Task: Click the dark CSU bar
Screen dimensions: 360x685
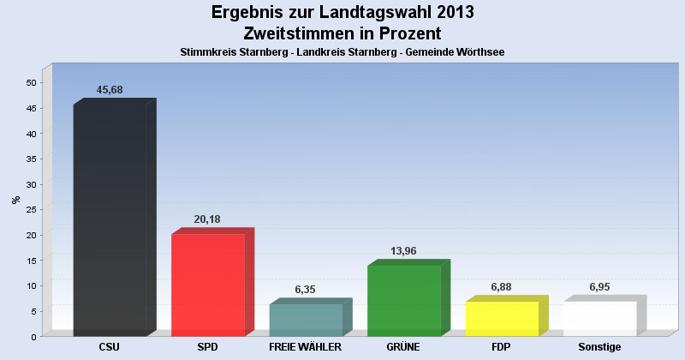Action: coord(110,220)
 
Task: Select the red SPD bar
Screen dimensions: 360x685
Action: coord(208,285)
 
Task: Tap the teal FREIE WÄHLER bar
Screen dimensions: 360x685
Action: coord(306,320)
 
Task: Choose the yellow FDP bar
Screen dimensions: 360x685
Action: coord(502,318)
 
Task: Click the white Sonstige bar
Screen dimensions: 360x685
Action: coord(599,318)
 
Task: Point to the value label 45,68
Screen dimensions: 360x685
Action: coord(110,90)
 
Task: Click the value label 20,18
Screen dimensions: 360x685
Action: coord(207,219)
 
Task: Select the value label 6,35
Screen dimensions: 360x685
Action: coord(306,290)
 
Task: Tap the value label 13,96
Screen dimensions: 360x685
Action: coord(403,251)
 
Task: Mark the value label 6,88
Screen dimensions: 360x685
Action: coord(501,287)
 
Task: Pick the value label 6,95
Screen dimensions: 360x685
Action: coord(599,286)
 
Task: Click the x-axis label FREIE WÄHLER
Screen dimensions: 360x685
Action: coord(306,347)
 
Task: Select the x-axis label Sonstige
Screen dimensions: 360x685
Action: coord(599,347)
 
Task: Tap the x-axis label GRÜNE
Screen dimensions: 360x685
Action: coord(403,347)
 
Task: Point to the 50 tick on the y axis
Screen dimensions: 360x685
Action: coord(31,82)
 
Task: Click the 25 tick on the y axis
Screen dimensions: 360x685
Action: coord(31,209)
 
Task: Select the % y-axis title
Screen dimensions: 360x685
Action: coord(15,200)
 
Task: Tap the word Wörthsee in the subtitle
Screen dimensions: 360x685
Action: coord(479,52)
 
